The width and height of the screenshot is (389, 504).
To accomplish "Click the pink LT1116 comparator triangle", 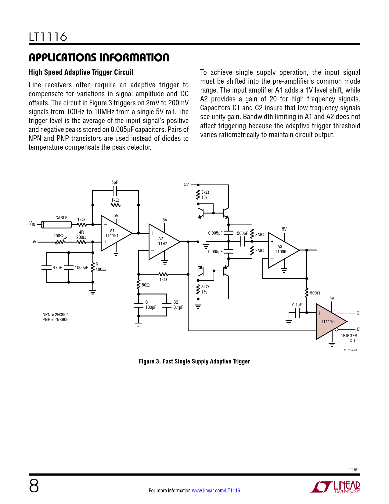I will [330, 322].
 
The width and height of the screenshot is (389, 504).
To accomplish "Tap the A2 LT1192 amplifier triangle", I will [162, 241].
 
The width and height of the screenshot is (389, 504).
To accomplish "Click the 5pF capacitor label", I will [114, 182].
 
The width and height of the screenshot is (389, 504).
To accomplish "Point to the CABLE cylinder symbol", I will [57, 225].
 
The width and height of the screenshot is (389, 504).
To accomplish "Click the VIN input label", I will [32, 224].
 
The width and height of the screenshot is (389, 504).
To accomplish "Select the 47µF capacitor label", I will [57, 268].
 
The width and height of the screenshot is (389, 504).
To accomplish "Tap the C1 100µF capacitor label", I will [150, 305].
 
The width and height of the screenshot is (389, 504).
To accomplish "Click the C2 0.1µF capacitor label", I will [178, 305].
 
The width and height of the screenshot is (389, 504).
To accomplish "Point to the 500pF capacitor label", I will [242, 233].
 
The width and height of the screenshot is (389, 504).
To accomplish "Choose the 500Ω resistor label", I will [315, 293].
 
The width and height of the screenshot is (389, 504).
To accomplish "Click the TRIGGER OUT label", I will [349, 338].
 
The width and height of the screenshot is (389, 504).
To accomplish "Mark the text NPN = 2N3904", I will [56, 315].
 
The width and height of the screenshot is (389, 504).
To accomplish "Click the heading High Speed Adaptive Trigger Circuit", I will [81, 72].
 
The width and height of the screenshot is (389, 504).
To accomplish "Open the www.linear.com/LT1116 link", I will [216, 491].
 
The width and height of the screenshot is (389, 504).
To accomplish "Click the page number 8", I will [34, 486].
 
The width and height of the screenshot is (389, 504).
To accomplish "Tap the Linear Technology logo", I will [335, 487].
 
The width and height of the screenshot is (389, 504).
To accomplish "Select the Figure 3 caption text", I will [194, 361].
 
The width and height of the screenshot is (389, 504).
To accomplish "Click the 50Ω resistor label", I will [146, 285].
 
